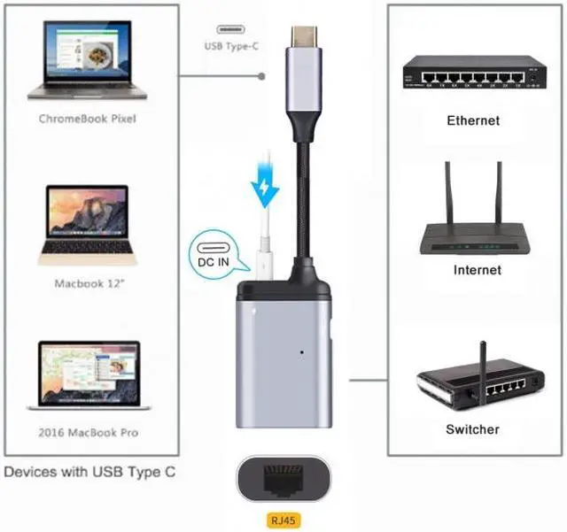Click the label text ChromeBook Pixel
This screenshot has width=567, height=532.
click(88, 117)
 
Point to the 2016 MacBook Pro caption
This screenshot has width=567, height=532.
click(88, 432)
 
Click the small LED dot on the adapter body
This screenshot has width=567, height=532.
click(304, 353)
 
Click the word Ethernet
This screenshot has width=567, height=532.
click(473, 120)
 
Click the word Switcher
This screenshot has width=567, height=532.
click(472, 429)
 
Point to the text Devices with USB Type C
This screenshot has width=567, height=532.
click(89, 472)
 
